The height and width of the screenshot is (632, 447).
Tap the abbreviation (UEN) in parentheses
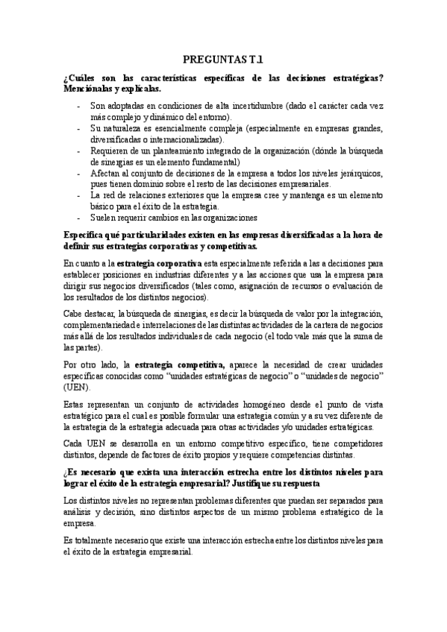[77, 388]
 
